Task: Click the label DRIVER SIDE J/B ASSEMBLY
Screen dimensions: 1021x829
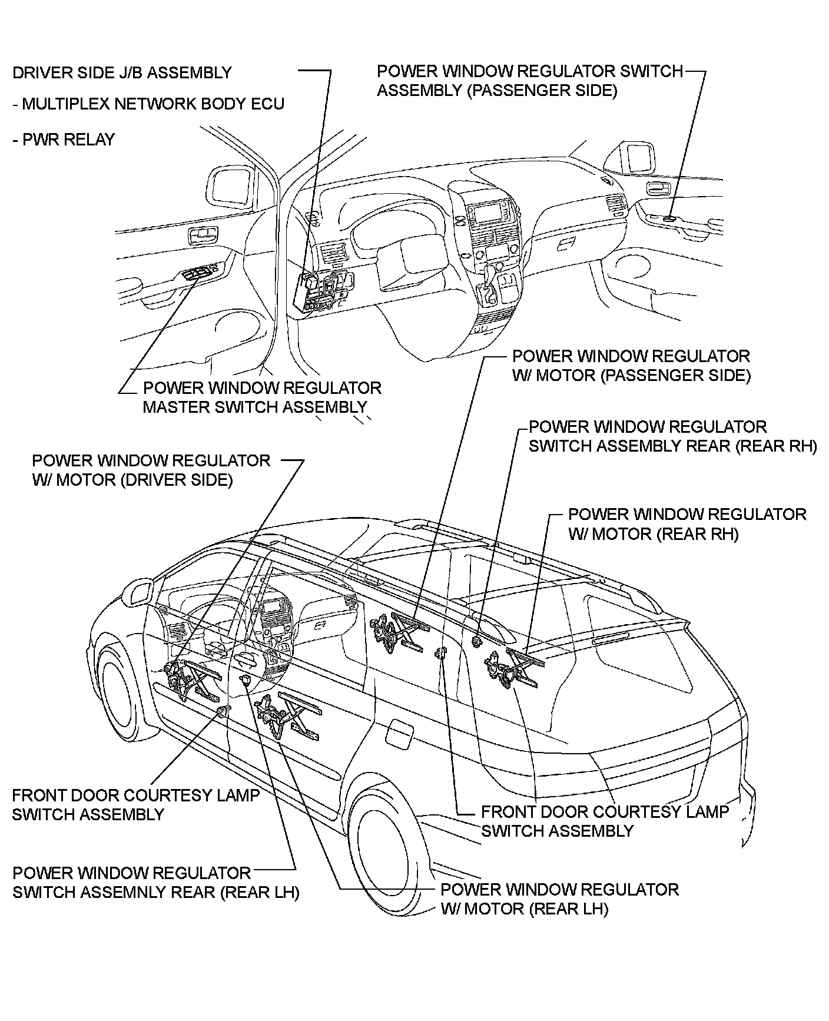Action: tap(122, 73)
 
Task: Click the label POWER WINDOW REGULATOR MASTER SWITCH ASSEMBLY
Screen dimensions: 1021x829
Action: tap(261, 397)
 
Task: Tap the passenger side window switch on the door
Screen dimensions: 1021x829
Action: tap(669, 218)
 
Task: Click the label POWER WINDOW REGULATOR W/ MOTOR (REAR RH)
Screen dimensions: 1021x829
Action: tap(686, 524)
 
